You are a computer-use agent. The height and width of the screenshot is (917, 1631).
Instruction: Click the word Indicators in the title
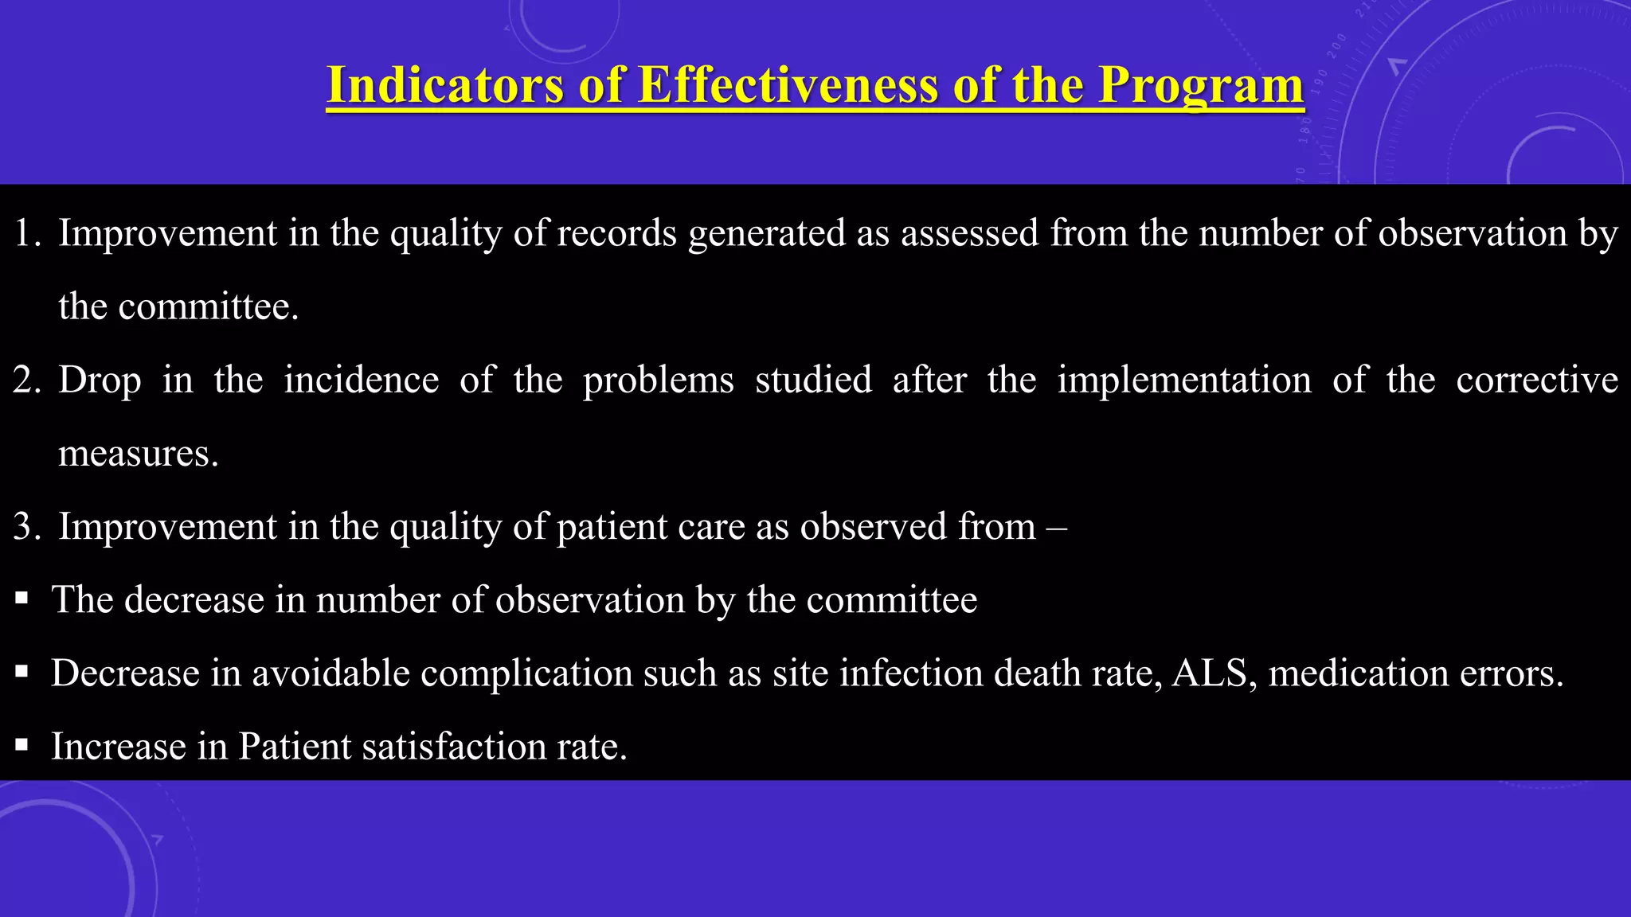[x=445, y=84]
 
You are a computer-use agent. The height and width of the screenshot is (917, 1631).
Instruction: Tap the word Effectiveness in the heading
[x=788, y=84]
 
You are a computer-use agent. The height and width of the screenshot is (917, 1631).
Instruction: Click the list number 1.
[x=27, y=233]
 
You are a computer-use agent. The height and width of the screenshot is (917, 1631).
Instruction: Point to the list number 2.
[x=27, y=380]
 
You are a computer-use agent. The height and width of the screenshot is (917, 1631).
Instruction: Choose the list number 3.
[x=27, y=527]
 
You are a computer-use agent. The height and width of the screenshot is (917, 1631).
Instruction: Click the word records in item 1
[x=616, y=233]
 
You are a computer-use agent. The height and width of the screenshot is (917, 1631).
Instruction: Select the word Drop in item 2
[x=100, y=380]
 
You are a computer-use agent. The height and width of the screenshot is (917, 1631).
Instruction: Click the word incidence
[x=362, y=380]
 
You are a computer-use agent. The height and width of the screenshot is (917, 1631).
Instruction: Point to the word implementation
[x=1184, y=380]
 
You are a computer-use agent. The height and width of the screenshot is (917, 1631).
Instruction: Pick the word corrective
[x=1537, y=380]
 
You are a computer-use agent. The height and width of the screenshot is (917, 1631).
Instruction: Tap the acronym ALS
[x=1209, y=673]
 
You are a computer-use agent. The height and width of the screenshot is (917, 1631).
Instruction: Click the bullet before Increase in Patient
[x=22, y=746]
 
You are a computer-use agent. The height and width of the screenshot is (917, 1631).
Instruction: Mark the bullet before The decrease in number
[x=22, y=599]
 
